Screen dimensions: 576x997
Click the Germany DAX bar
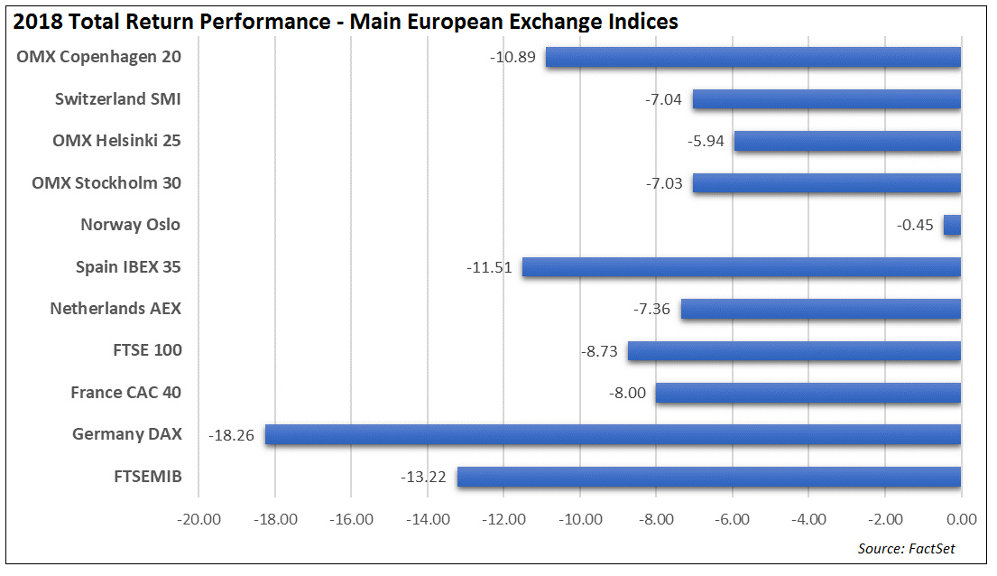pyautogui.click(x=613, y=434)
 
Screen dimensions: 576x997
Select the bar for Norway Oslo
pyautogui.click(x=952, y=225)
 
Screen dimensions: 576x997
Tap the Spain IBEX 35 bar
pyautogui.click(x=741, y=267)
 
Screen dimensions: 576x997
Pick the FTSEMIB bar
pyautogui.click(x=708, y=477)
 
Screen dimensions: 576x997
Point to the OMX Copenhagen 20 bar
pyautogui.click(x=752, y=57)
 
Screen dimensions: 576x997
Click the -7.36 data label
pyautogui.click(x=651, y=309)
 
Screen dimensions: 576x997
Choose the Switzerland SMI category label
pyautogui.click(x=118, y=98)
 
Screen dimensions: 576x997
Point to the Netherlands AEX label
pyautogui.click(x=115, y=309)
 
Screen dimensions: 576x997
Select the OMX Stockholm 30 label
pyautogui.click(x=106, y=182)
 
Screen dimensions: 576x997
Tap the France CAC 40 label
pyautogui.click(x=126, y=393)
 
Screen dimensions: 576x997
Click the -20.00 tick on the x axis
pyautogui.click(x=199, y=519)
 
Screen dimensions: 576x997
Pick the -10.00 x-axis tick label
pyautogui.click(x=580, y=519)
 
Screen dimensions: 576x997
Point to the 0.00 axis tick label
pyautogui.click(x=962, y=519)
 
